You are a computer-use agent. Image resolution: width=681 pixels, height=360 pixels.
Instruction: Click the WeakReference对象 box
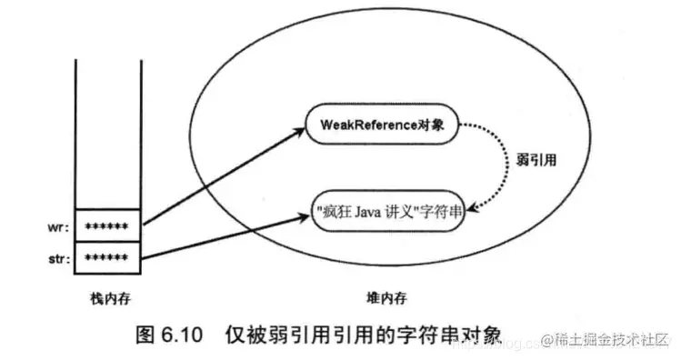381,125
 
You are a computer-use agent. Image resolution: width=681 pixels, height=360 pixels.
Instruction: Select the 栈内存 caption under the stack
107,296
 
